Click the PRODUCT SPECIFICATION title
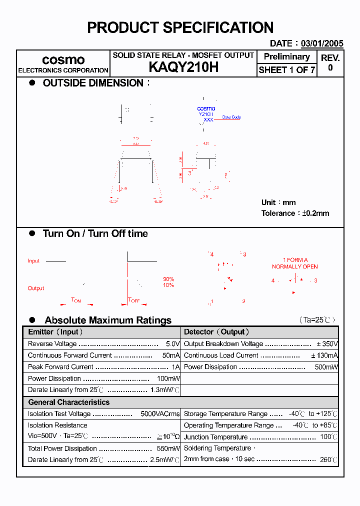point(180,27)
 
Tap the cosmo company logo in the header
point(63,60)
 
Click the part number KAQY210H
point(183,68)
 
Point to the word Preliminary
point(286,56)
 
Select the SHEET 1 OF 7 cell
point(286,70)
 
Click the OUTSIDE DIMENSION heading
point(93,83)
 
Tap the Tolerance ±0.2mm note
point(295,213)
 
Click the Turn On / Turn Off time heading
point(95,233)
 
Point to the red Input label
point(33,261)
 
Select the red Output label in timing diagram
point(35,288)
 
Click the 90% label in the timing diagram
point(168,279)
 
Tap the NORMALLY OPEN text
point(294,266)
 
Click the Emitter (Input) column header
point(55,332)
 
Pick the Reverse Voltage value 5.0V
point(172,344)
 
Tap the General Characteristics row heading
point(68,402)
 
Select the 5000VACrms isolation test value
point(159,413)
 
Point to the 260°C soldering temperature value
point(328,459)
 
